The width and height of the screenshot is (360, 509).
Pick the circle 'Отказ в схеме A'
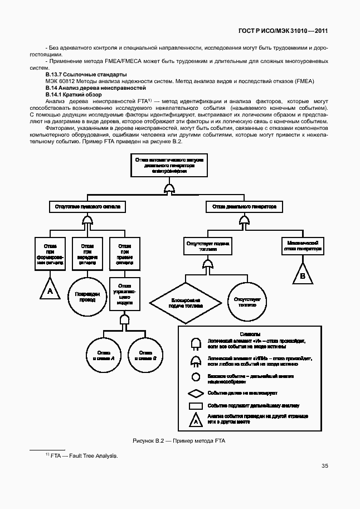point(105,355)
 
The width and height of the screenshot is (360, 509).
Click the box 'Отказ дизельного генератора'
point(244,206)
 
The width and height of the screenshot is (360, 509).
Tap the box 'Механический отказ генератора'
point(303,246)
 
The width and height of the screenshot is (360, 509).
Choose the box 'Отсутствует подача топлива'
point(207,246)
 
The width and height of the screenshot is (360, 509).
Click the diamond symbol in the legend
point(196,393)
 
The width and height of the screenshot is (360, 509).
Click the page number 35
point(324,466)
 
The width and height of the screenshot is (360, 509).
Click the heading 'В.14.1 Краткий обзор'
point(66,95)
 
